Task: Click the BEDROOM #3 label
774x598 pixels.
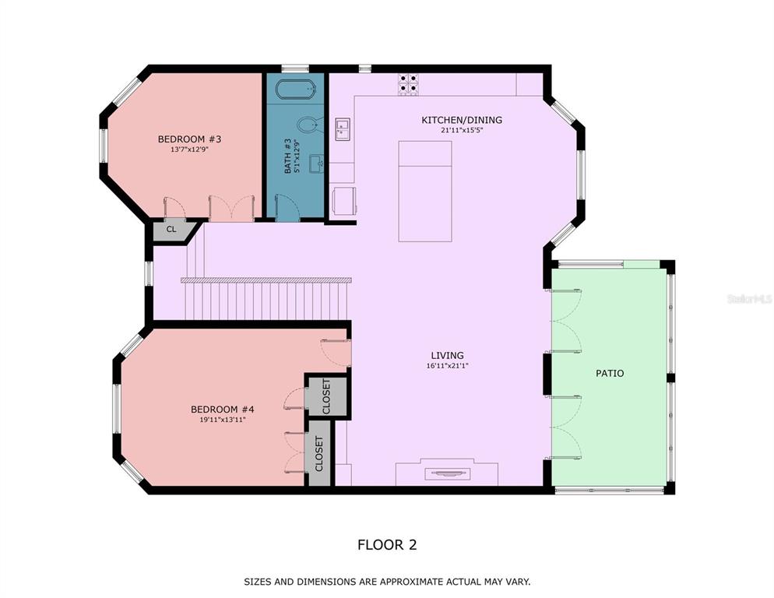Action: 189,139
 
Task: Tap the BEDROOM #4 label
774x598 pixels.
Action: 222,410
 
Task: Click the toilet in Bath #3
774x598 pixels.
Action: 311,125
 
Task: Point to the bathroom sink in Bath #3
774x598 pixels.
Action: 317,164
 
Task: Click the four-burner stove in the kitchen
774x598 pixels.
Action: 408,84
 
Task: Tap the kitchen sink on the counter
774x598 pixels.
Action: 343,129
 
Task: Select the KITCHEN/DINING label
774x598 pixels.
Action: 462,120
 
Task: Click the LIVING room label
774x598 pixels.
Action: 447,356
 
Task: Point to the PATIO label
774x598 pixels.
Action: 610,373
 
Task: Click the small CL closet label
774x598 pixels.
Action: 171,229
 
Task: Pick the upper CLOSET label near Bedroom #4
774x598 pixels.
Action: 326,396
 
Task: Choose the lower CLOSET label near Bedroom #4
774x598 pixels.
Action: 319,454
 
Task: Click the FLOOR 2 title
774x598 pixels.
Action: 387,545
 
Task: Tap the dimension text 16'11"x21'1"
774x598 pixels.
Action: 447,366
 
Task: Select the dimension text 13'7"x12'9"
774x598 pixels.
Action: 189,149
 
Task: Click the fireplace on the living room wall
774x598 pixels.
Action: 447,473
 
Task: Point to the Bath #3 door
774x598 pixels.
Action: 287,207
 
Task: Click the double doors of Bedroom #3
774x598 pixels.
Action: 232,208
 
